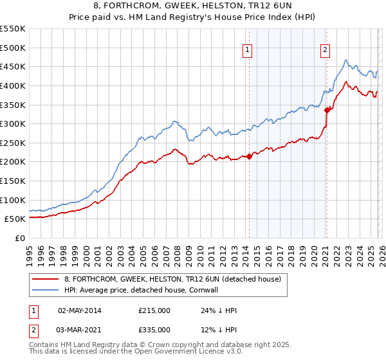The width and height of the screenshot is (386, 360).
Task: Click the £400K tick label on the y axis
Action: pyautogui.click(x=13, y=85)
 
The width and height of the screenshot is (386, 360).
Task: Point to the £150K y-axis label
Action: pyautogui.click(x=13, y=181)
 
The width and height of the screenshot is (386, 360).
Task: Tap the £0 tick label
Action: pyautogui.click(x=19, y=238)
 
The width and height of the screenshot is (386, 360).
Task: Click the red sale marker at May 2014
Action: pyautogui.click(x=249, y=156)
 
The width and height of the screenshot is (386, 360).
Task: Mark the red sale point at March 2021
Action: pyautogui.click(x=327, y=110)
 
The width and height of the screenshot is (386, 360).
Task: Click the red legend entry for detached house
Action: pyautogui.click(x=172, y=279)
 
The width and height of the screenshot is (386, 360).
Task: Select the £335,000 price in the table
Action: pyautogui.click(x=154, y=330)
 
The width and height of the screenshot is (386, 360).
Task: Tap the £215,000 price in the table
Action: pyautogui.click(x=154, y=310)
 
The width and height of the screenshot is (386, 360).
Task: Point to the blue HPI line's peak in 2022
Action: pyautogui.click(x=346, y=60)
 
